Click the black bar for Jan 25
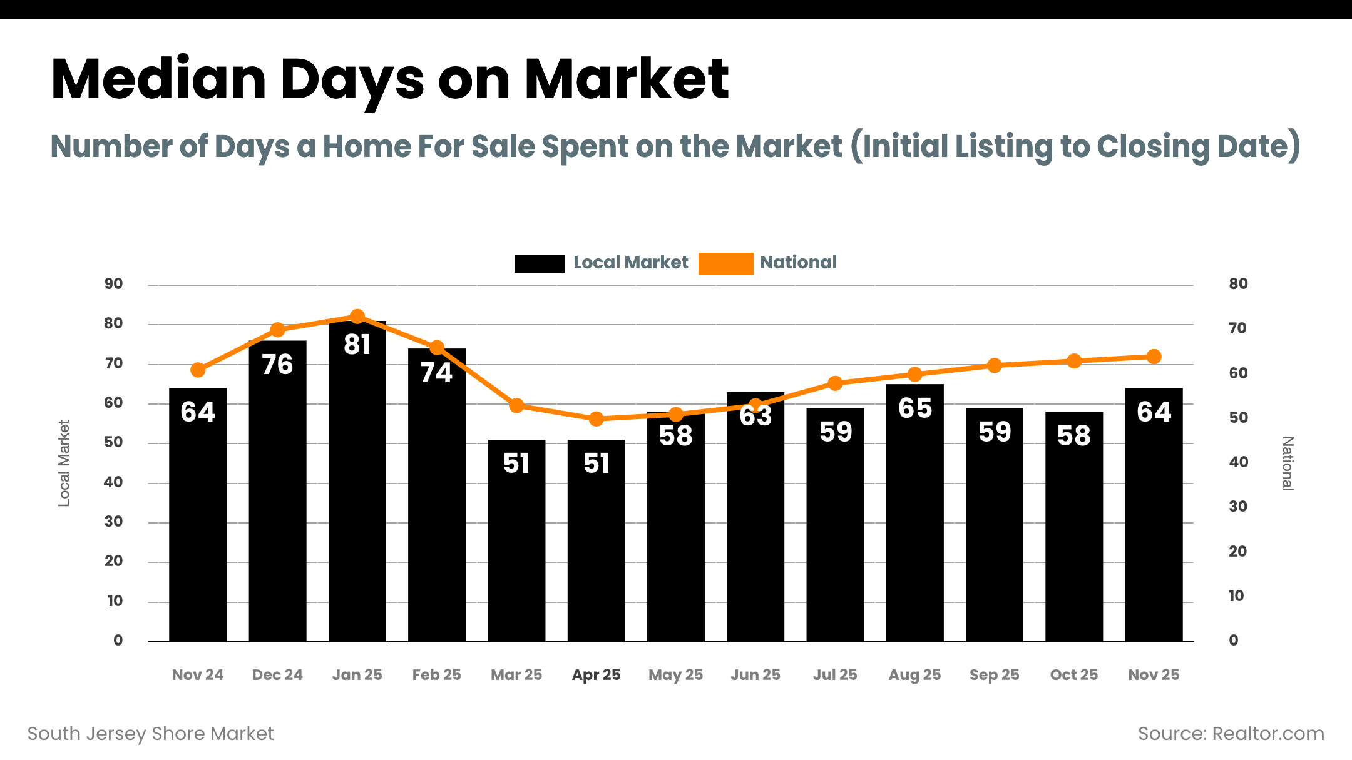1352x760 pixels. click(x=357, y=488)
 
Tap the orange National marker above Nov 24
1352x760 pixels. click(x=198, y=370)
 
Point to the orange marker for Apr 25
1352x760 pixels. click(x=597, y=419)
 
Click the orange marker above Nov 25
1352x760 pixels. click(x=1154, y=357)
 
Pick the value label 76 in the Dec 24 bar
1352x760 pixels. click(x=277, y=365)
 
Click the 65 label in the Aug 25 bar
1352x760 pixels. click(x=915, y=408)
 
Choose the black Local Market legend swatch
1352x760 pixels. click(x=539, y=263)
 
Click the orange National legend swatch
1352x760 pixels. click(x=725, y=263)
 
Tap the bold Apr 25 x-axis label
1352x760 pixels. click(x=596, y=675)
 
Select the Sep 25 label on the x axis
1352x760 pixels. click(x=994, y=675)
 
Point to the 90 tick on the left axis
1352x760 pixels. click(x=113, y=284)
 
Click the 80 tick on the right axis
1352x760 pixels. click(x=1238, y=284)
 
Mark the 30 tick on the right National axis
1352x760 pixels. click(x=1238, y=507)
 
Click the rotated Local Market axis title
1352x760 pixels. click(x=64, y=463)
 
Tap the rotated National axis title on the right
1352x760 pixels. click(x=1288, y=464)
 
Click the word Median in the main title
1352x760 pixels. click(x=158, y=79)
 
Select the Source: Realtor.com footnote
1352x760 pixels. click(x=1231, y=734)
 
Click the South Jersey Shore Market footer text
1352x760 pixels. click(x=150, y=734)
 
